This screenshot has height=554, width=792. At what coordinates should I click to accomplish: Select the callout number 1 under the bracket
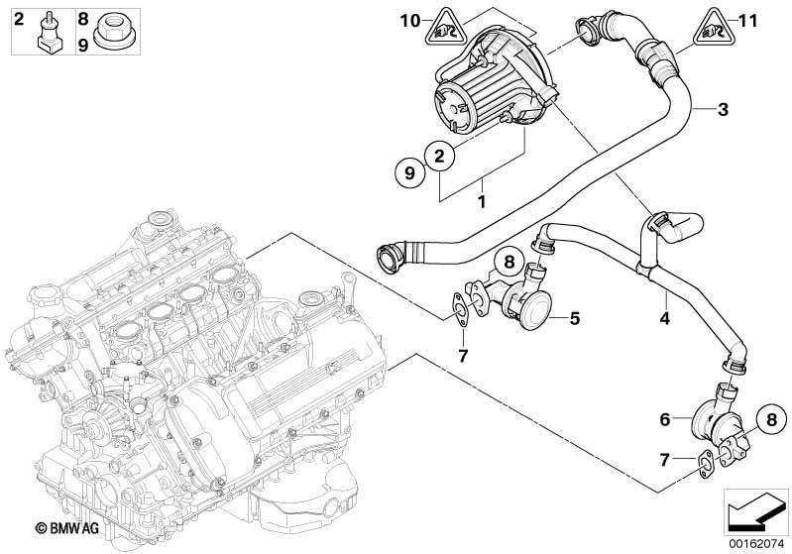(483, 201)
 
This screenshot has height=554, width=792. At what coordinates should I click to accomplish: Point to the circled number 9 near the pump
(407, 173)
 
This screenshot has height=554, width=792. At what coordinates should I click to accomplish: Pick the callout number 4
(665, 320)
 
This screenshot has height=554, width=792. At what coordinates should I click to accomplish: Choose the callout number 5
(574, 319)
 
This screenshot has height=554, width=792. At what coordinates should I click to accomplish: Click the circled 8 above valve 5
(506, 263)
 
